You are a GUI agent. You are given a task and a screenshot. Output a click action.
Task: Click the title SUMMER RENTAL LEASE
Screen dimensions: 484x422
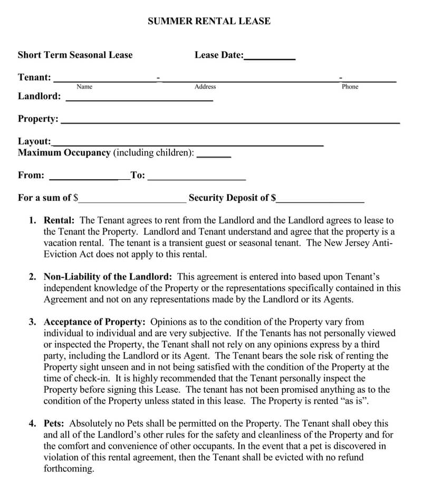pos(209,22)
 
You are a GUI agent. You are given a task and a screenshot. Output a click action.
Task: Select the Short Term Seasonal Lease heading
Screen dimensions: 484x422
pos(75,55)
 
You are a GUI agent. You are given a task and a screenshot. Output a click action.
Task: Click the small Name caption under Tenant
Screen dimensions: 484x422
pos(84,86)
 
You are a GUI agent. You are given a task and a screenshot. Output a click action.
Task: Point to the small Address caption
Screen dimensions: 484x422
pos(205,86)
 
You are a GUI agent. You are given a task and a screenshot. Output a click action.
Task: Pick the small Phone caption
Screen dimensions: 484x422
pos(350,86)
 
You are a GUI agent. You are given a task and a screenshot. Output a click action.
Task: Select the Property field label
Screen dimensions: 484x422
pos(38,119)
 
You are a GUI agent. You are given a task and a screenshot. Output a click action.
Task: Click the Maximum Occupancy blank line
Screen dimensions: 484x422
pos(214,156)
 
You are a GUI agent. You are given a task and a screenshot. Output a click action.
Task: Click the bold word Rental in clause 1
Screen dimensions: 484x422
pos(59,220)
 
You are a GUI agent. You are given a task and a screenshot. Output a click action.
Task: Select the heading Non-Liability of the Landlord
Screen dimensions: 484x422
pos(108,276)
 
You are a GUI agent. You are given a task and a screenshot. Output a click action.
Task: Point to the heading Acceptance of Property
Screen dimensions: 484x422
pos(94,322)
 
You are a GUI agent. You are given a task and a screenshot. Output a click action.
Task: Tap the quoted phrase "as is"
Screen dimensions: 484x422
pos(354,401)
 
